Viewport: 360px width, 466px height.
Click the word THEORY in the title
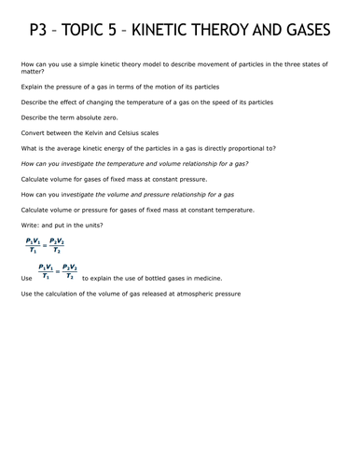tap(229, 33)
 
